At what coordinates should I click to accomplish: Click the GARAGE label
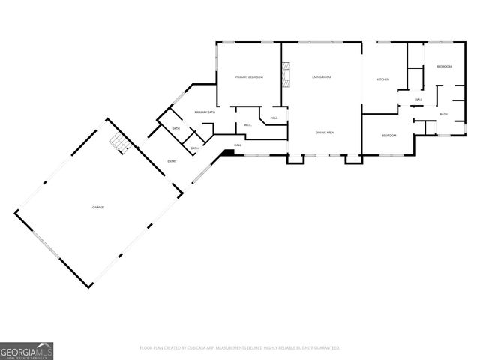point(97,207)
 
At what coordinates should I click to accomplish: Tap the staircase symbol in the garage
point(118,143)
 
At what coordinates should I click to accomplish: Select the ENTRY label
point(172,161)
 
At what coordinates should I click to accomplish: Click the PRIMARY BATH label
point(205,112)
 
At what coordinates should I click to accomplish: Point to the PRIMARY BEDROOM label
point(249,77)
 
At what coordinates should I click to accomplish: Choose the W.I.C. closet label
point(247,125)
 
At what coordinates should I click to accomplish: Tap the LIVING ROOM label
point(322,77)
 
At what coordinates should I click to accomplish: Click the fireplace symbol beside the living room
point(285,76)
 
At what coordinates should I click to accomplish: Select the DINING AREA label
point(325,133)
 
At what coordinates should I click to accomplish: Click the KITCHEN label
point(382,79)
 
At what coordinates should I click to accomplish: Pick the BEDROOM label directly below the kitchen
point(388,136)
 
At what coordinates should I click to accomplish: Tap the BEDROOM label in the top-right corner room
point(444,67)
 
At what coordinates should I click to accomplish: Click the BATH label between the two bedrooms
point(443,114)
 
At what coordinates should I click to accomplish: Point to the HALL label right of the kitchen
point(418,99)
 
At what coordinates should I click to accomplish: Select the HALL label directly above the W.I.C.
point(274,118)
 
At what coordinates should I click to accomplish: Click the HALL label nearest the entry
point(237,145)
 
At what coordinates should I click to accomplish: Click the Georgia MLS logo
point(26,351)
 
